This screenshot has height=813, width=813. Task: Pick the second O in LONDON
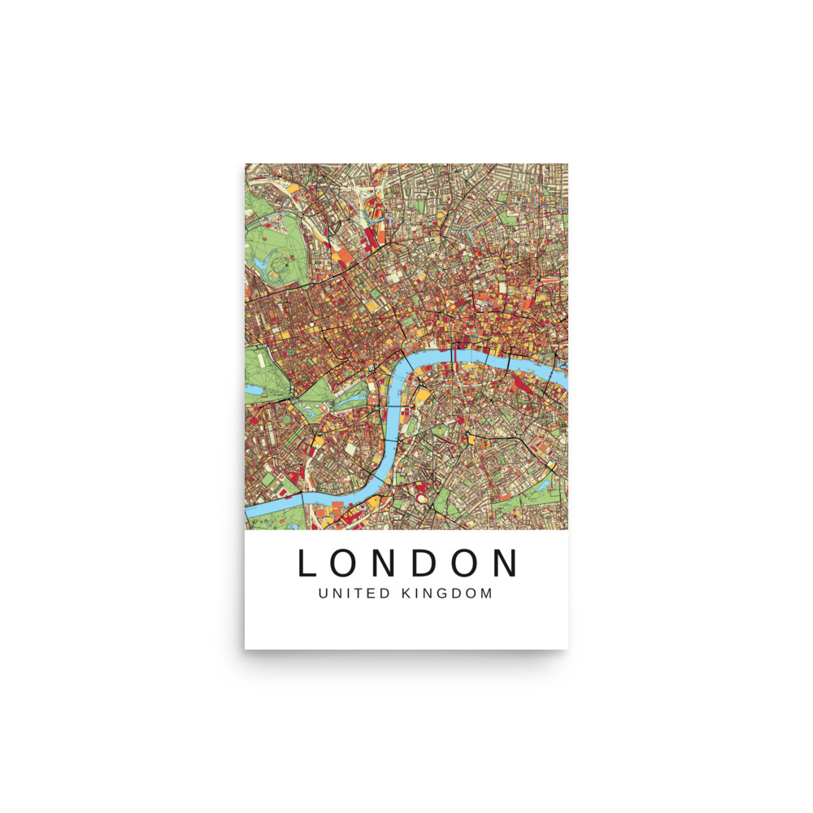pyautogui.click(x=476, y=563)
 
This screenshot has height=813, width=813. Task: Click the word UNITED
pyautogui.click(x=354, y=593)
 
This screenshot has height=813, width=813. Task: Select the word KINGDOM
pyautogui.click(x=447, y=593)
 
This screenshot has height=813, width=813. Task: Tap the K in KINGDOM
pyautogui.click(x=406, y=593)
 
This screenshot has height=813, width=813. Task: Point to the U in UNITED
pyautogui.click(x=324, y=593)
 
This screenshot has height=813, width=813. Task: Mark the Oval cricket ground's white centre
pyautogui.click(x=421, y=493)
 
